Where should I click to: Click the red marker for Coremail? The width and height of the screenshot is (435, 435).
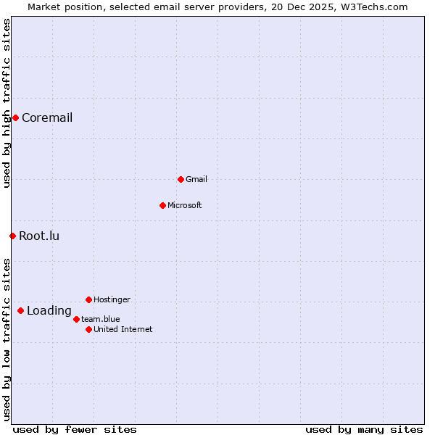pyautogui.click(x=15, y=117)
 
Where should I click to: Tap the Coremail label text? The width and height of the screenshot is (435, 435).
pyautogui.click(x=47, y=118)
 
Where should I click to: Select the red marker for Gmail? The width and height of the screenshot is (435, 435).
pyautogui.click(x=181, y=179)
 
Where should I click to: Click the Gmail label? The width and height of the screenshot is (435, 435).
pyautogui.click(x=196, y=179)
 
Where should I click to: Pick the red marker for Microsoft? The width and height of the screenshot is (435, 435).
pyautogui.click(x=162, y=205)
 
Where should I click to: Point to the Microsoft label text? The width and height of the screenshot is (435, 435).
pyautogui.click(x=184, y=205)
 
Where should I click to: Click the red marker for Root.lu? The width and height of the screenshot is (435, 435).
pyautogui.click(x=12, y=236)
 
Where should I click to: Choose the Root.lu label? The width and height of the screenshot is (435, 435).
pyautogui.click(x=39, y=236)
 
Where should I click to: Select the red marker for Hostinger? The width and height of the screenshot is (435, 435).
pyautogui.click(x=88, y=299)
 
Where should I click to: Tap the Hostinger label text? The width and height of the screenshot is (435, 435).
pyautogui.click(x=112, y=299)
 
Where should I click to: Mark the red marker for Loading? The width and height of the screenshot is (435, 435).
pyautogui.click(x=20, y=311)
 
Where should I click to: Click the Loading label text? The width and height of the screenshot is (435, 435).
pyautogui.click(x=49, y=311)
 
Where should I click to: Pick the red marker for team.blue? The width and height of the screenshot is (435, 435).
pyautogui.click(x=76, y=319)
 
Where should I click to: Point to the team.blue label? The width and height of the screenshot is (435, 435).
pyautogui.click(x=101, y=319)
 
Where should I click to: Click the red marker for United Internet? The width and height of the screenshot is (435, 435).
pyautogui.click(x=88, y=329)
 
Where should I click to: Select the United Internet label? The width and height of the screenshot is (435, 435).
pyautogui.click(x=123, y=329)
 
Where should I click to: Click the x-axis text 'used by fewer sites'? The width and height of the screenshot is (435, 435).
pyautogui.click(x=75, y=429)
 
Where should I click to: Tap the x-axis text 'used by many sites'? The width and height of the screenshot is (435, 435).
pyautogui.click(x=364, y=429)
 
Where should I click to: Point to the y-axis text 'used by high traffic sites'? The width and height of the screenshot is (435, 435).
pyautogui.click(x=7, y=103)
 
